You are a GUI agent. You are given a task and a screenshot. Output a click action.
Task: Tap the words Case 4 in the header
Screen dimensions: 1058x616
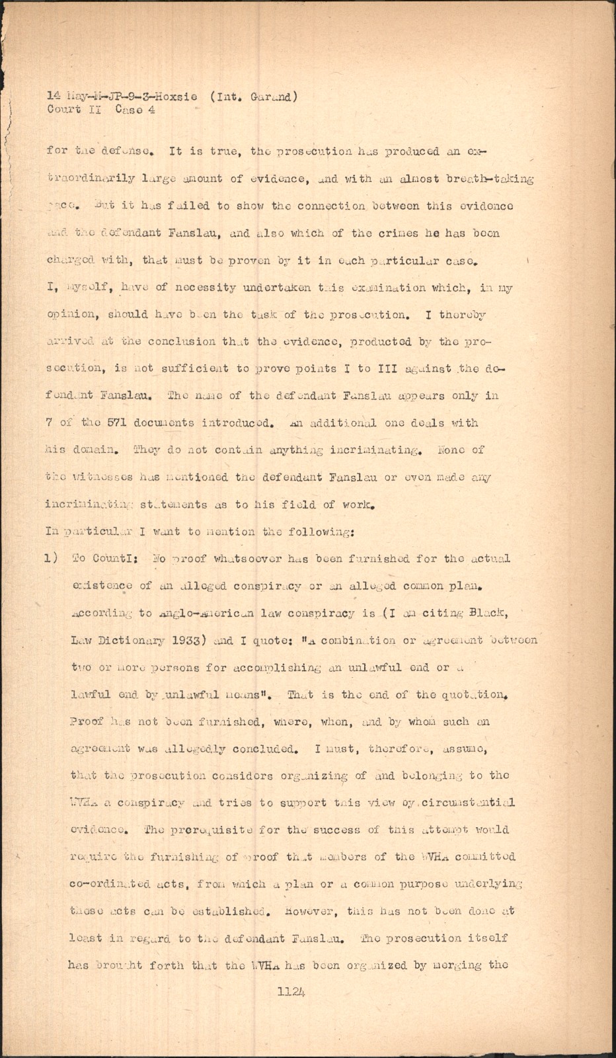(135, 110)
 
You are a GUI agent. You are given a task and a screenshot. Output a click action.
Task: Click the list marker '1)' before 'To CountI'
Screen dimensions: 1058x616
(53, 558)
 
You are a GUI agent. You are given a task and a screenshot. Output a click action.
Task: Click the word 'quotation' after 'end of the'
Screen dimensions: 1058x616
(473, 694)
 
